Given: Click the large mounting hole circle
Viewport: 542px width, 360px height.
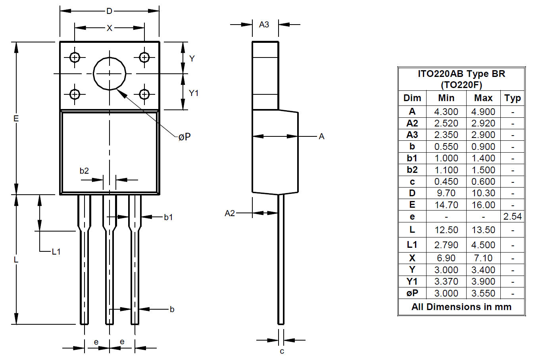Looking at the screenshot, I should [110, 73].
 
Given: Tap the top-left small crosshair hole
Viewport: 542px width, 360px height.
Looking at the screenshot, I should [75, 57].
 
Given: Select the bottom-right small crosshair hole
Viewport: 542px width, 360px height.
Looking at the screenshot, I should [144, 94].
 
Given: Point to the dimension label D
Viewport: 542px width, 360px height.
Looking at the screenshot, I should [109, 11].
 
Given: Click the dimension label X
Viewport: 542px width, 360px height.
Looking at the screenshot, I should [110, 28].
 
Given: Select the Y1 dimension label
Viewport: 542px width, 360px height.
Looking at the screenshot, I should [193, 93].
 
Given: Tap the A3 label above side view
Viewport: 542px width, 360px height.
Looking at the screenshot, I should [264, 25].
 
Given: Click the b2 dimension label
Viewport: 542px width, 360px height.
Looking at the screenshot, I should [84, 171].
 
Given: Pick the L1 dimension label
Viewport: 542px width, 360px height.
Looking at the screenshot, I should [56, 251].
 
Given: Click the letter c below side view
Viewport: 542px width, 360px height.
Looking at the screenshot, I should [282, 351].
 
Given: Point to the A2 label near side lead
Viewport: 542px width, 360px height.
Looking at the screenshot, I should [230, 213].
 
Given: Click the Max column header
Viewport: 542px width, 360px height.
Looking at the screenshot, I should [483, 98].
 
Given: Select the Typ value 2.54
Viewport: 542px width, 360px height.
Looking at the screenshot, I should [513, 216].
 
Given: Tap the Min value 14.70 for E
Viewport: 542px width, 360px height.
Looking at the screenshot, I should [446, 205].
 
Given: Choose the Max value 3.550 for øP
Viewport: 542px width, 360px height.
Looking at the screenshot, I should [483, 293].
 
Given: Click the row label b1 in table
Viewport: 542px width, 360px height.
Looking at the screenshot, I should [412, 158].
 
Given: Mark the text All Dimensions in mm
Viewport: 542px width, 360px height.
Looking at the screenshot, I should [461, 307].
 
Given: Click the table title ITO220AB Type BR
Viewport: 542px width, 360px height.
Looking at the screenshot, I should [461, 74].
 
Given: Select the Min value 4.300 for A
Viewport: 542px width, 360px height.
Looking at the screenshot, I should [446, 112].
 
